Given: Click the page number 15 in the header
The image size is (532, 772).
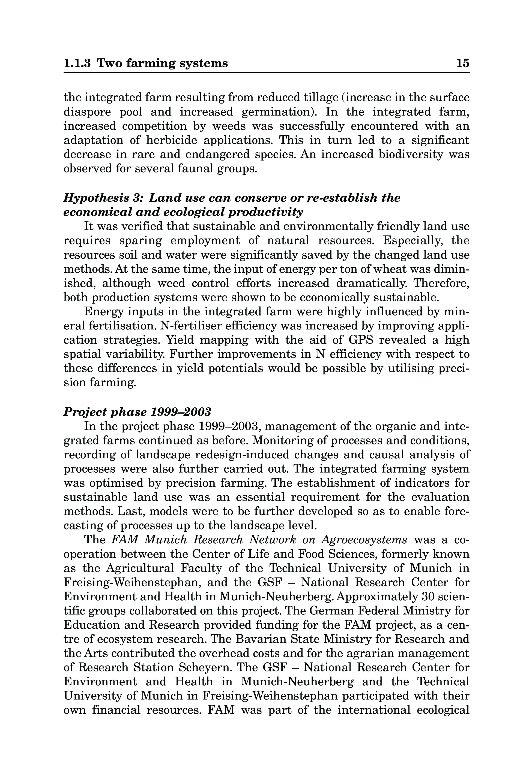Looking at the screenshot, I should (x=463, y=63).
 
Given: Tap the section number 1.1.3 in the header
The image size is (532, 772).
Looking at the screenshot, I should (x=77, y=63).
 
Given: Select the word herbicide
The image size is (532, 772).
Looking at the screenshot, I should (x=171, y=140).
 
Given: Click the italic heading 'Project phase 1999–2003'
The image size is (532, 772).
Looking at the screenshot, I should (x=137, y=412).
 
